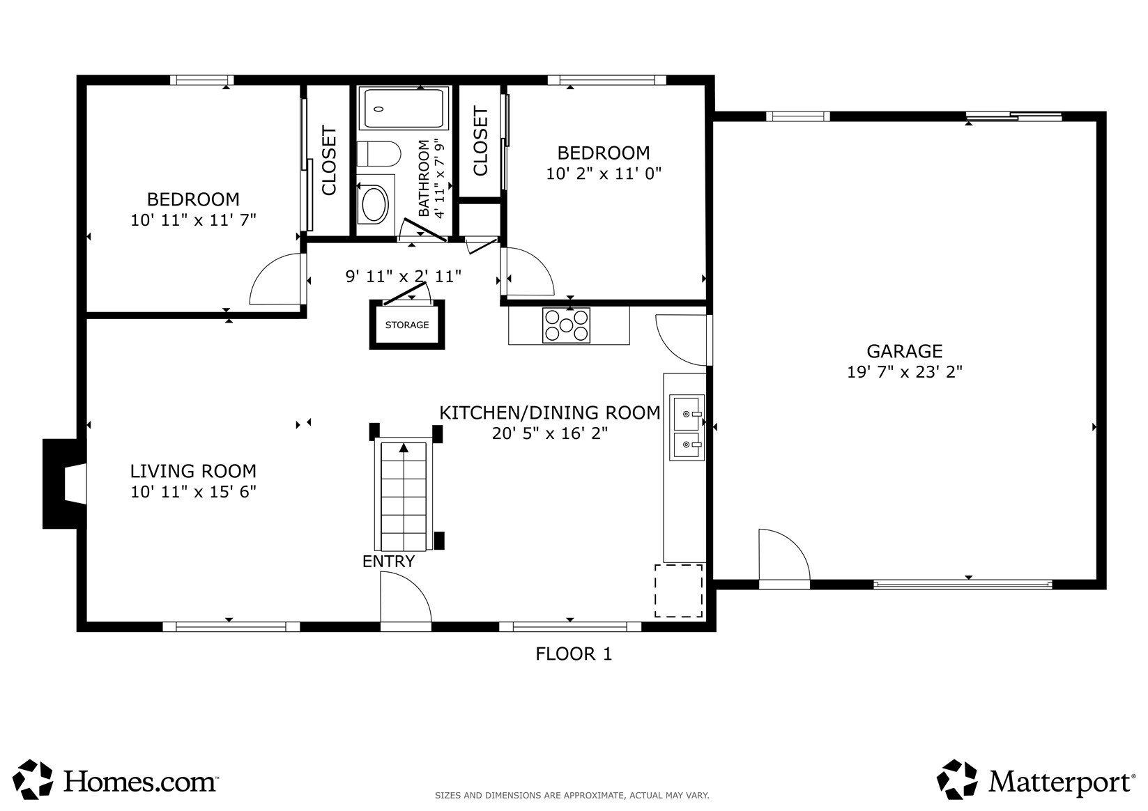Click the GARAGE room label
click(904, 351)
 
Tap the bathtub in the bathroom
click(404, 108)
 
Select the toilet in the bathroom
click(378, 154)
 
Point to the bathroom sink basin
click(375, 204)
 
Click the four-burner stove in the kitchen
click(566, 325)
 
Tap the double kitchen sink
click(687, 427)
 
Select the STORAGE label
click(407, 325)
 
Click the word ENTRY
click(388, 562)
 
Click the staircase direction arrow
click(404, 448)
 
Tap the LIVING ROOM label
click(193, 471)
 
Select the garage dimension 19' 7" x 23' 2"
click(905, 372)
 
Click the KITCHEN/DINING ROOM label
click(550, 412)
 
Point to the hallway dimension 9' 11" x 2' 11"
click(404, 277)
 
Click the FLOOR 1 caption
click(574, 654)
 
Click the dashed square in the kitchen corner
click(678, 591)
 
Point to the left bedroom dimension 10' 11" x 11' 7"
click(193, 220)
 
